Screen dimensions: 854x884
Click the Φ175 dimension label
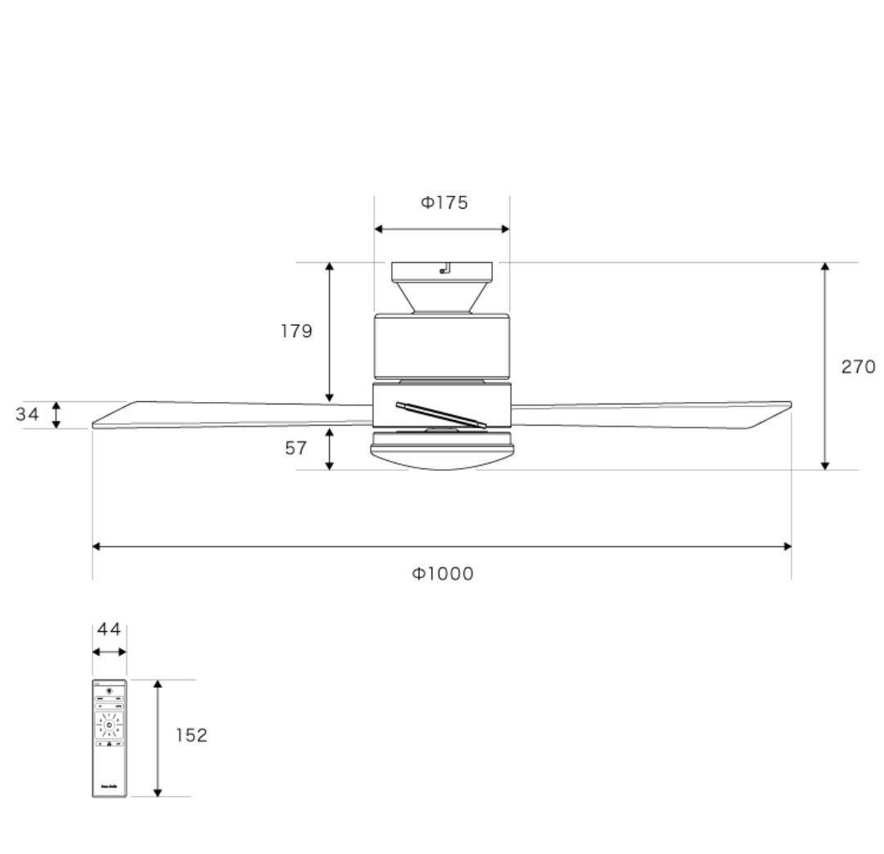[444, 203]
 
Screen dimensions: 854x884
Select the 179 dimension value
[296, 332]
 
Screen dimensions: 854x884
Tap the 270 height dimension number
[858, 367]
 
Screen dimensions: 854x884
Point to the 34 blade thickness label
[27, 414]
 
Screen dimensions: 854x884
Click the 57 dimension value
[296, 449]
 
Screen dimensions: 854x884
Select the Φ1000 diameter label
[442, 574]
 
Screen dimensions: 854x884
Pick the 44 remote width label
[109, 630]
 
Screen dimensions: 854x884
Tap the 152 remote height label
[192, 735]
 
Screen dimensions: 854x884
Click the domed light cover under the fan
[441, 459]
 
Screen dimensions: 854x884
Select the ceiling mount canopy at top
[441, 287]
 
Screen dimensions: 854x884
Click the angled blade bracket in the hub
[440, 415]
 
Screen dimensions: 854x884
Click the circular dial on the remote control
[109, 725]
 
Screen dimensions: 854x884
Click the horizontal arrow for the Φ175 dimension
[442, 230]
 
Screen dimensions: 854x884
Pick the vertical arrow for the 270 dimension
[825, 366]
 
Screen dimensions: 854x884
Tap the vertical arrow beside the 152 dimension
[158, 737]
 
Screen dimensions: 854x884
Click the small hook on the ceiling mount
[444, 269]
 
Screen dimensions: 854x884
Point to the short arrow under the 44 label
[109, 652]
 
